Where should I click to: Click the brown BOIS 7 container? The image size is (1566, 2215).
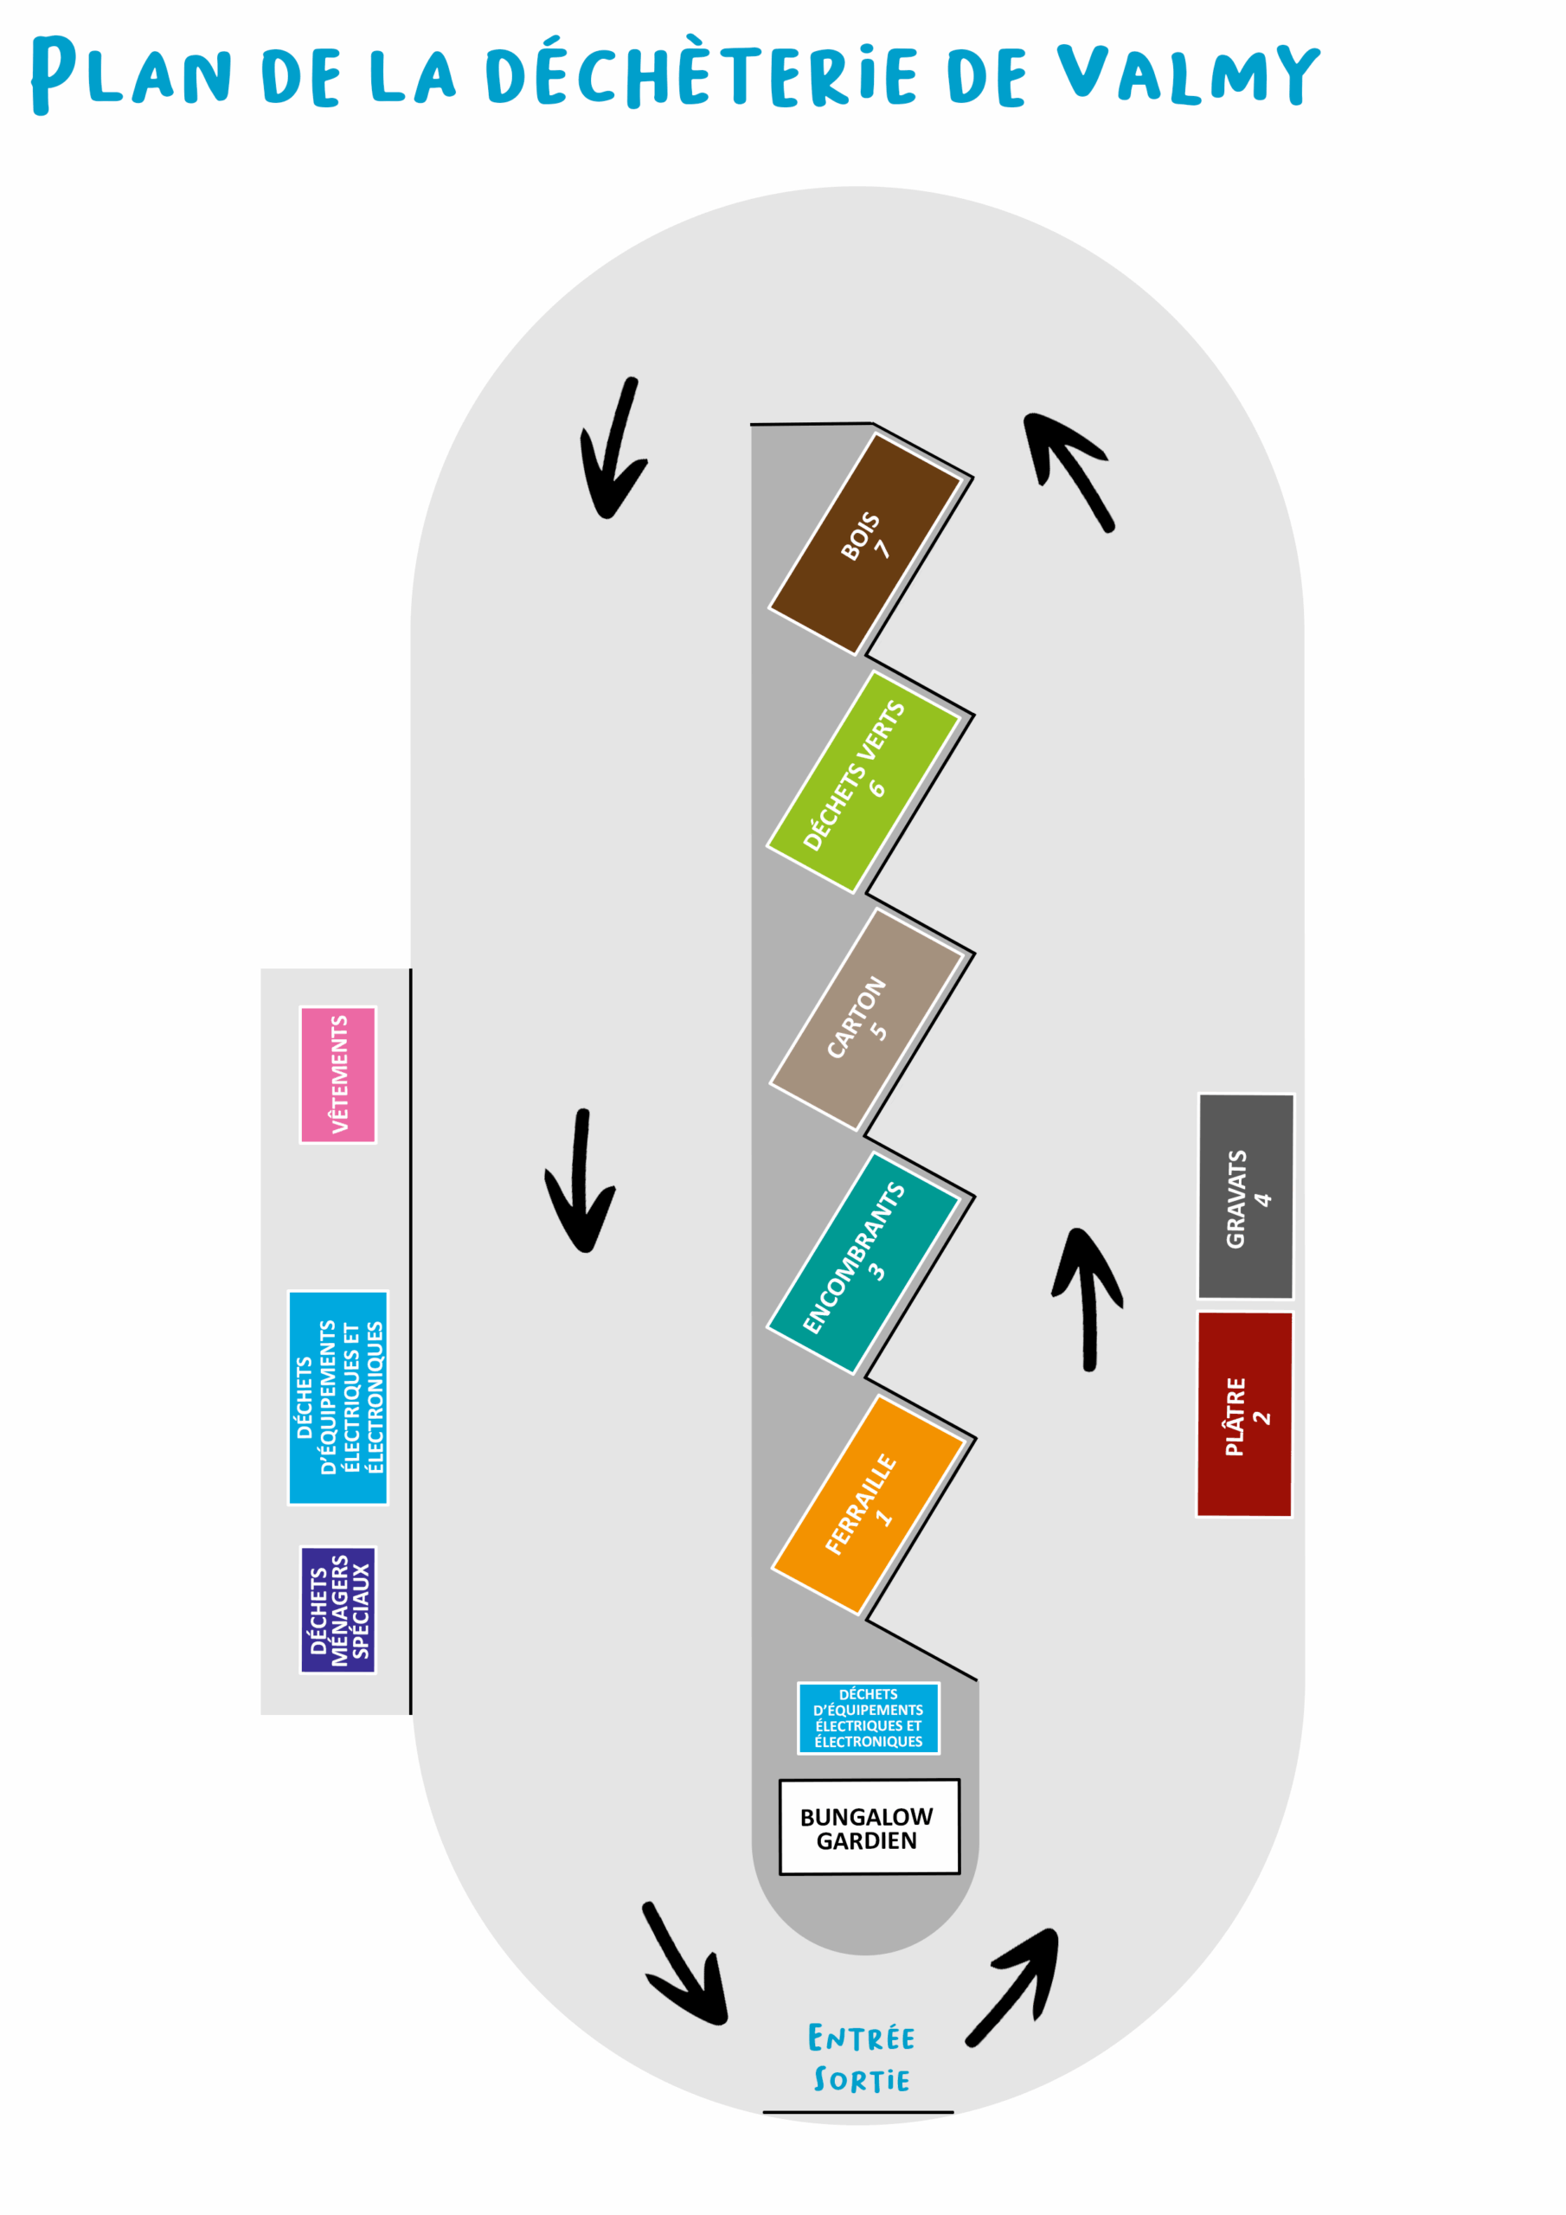[x=864, y=544]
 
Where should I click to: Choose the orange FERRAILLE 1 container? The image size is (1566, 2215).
[x=868, y=1504]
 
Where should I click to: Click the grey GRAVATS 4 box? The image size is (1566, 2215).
[x=1246, y=1197]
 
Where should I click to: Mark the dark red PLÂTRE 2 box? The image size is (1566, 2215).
[x=1244, y=1415]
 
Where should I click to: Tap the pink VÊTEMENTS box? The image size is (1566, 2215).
[x=337, y=1075]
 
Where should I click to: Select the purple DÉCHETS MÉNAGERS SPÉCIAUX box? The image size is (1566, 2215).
[x=337, y=1610]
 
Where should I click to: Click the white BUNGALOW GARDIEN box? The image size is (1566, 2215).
[x=869, y=1827]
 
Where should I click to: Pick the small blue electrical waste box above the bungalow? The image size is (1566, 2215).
[x=869, y=1718]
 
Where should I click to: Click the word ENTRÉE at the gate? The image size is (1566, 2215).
[x=861, y=2038]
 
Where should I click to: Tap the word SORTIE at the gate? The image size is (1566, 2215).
[x=862, y=2080]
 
